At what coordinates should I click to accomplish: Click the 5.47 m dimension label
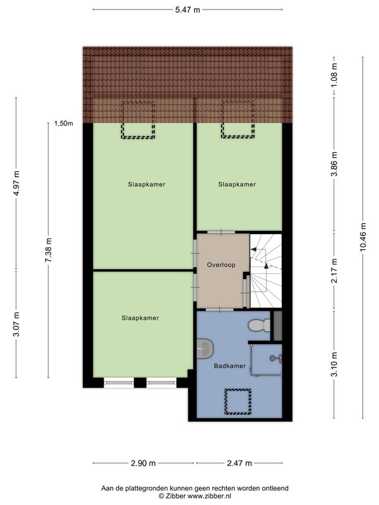click(188, 10)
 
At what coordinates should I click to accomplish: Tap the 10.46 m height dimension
click(363, 237)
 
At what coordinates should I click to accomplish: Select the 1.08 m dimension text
click(335, 75)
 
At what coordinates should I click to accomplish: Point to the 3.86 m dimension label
click(335, 164)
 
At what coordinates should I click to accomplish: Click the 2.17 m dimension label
click(335, 271)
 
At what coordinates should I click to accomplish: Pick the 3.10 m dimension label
click(335, 364)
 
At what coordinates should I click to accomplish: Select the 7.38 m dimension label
click(49, 250)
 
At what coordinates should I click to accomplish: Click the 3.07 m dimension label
click(16, 324)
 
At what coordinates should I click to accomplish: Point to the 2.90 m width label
click(143, 463)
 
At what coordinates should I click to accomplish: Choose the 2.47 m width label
click(239, 463)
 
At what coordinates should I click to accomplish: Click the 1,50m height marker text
click(64, 123)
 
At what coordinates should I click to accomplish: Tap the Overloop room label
click(221, 265)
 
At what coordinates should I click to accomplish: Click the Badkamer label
click(230, 366)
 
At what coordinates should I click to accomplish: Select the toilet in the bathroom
click(260, 325)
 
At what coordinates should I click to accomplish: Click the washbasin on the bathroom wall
click(205, 349)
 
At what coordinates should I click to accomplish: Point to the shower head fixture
click(276, 358)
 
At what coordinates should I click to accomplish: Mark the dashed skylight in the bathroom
click(238, 401)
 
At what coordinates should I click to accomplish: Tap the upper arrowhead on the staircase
click(254, 249)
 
